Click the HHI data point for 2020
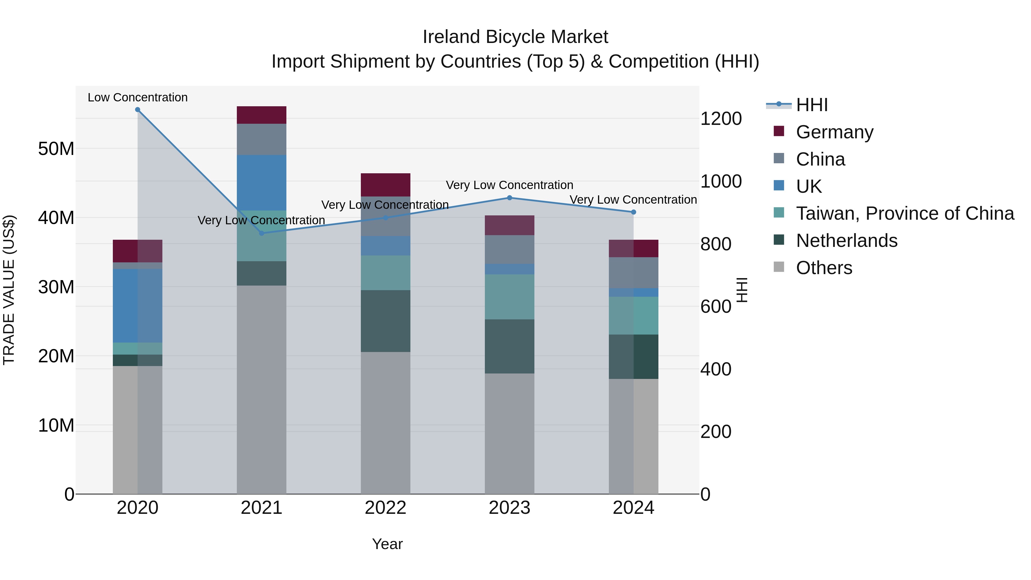(x=138, y=110)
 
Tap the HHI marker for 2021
(x=262, y=233)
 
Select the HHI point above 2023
(x=509, y=198)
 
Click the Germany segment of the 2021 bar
(x=262, y=115)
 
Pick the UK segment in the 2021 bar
(x=262, y=182)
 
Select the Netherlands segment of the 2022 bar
(x=385, y=321)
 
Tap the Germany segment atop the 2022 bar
(x=385, y=185)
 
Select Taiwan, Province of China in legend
(x=904, y=213)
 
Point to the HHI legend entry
(x=811, y=105)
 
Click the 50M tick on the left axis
(x=56, y=149)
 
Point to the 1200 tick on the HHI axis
(x=721, y=119)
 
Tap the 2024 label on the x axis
(x=633, y=508)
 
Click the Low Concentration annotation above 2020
(x=138, y=97)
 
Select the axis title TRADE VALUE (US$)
(x=9, y=290)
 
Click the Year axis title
(x=387, y=544)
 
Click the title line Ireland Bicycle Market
(x=515, y=37)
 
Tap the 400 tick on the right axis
(x=716, y=369)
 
